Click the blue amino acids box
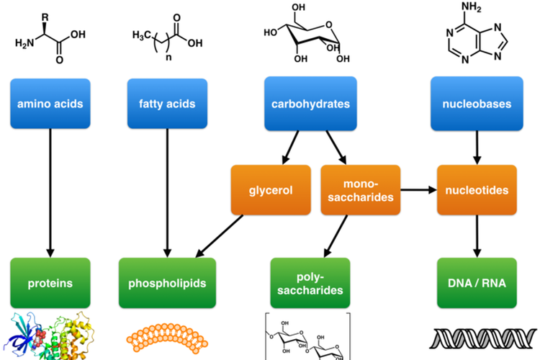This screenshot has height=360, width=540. coord(50,104)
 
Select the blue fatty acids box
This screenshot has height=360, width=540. coord(167,104)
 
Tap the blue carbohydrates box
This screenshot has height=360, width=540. coord(310,104)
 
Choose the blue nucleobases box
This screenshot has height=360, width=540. coord(476,104)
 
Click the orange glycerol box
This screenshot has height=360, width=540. coord(271,190)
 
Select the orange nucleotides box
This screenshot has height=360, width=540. coord(476,190)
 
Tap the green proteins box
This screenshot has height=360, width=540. coord(50,283)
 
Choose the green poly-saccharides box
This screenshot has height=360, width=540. coord(310,283)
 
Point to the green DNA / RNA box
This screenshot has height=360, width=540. coord(476,283)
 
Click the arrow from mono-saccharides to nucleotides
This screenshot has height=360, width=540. coord(418,190)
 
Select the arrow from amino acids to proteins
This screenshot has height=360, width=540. coord(50,194)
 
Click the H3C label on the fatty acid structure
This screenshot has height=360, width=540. coord(143,35)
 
